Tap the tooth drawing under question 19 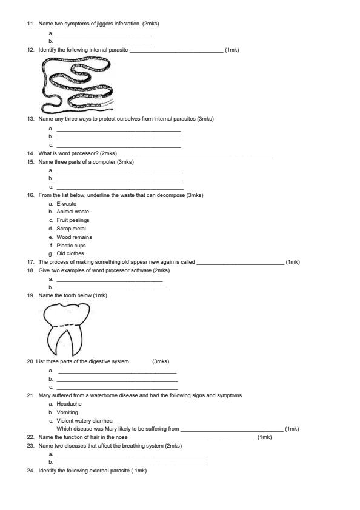click(x=67, y=327)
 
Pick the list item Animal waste click(x=73, y=212)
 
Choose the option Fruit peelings click(x=73, y=221)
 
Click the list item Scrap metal click(x=71, y=229)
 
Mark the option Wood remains click(x=74, y=237)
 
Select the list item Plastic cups click(x=71, y=246)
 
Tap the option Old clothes click(x=70, y=254)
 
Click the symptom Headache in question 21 click(x=69, y=404)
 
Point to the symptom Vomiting click(x=68, y=412)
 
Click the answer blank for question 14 click(x=197, y=155)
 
